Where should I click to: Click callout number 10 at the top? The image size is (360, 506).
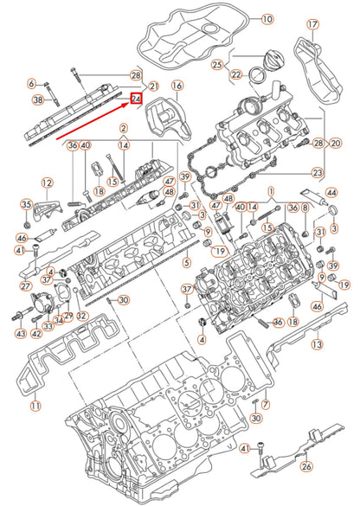(267, 18)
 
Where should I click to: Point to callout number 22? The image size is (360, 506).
(235, 75)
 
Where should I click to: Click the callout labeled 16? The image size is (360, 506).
(177, 86)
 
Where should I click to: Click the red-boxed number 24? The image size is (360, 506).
(137, 100)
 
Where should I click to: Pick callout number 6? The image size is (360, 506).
(32, 84)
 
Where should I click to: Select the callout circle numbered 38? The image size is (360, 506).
(37, 100)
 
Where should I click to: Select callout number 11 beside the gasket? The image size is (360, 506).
(35, 406)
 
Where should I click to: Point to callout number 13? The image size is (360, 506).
(317, 344)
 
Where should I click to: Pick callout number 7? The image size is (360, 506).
(266, 404)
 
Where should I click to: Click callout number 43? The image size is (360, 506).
(19, 333)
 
